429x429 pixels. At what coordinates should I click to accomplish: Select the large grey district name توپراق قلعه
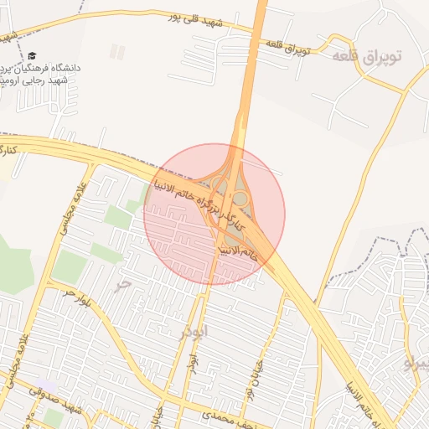pos(367,56)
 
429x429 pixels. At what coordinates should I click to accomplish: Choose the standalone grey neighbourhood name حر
pos(124,283)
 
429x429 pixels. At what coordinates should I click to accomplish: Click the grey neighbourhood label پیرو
pos(416,364)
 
